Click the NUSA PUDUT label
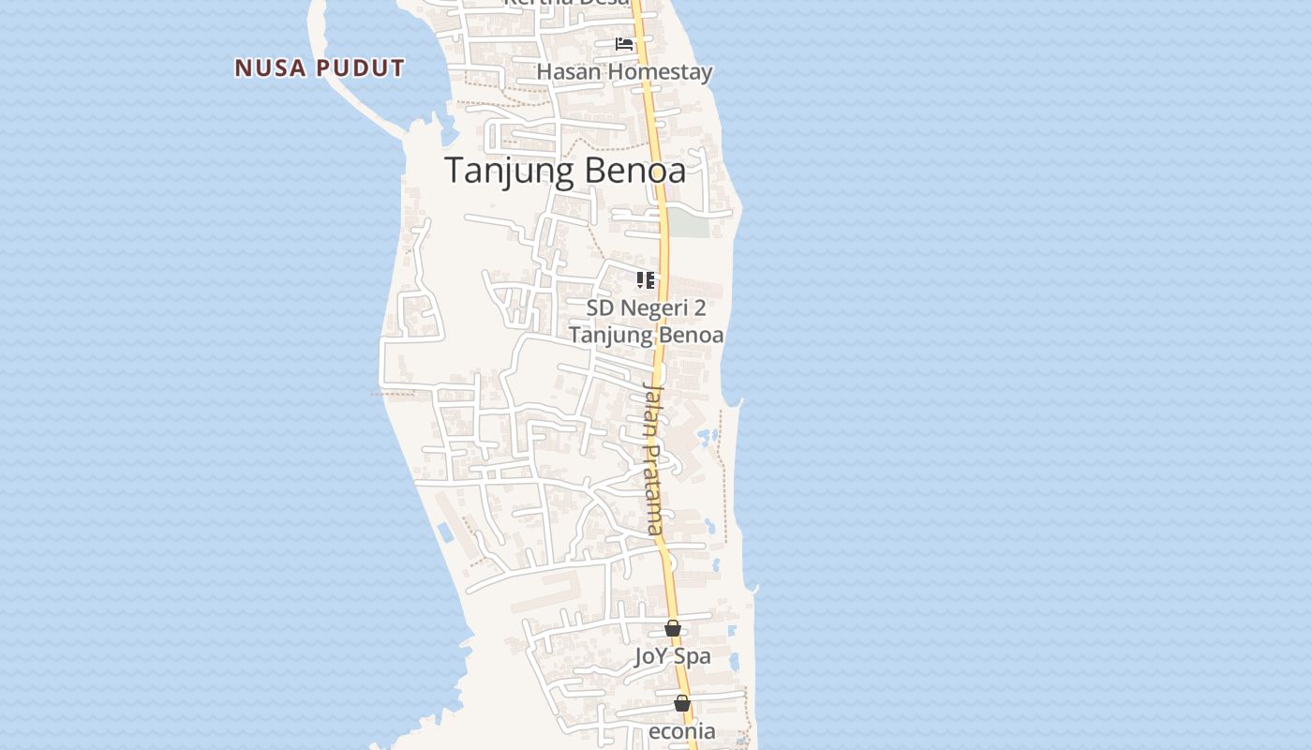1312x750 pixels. (320, 68)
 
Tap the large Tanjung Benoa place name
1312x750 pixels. (565, 171)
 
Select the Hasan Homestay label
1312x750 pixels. (624, 72)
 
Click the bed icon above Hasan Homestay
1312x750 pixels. (624, 44)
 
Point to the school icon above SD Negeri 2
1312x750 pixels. (646, 280)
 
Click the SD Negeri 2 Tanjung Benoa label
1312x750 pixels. (646, 322)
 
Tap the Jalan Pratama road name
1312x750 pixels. (654, 458)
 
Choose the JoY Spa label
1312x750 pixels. (672, 656)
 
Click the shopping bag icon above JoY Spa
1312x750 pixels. (673, 628)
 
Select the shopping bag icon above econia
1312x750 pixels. (682, 703)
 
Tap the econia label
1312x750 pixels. (682, 731)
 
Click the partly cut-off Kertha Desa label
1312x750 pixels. (567, 3)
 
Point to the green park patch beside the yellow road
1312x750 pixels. (688, 223)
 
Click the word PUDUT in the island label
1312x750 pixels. (361, 68)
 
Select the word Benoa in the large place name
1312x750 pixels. (639, 171)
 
